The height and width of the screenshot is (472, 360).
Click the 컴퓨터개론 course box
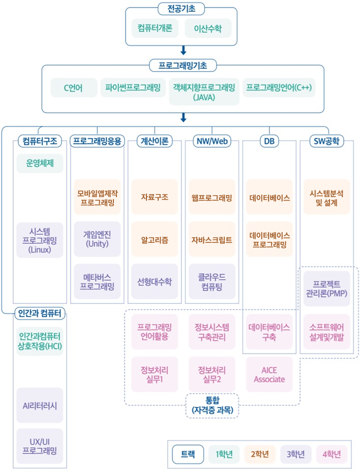coord(155,28)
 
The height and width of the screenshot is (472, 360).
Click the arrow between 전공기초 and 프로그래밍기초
coord(184,50)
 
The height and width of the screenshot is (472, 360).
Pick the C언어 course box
coord(74,87)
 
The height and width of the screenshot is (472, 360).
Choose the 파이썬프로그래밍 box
coord(132,87)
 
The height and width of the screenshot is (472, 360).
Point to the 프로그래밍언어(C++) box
coord(279,87)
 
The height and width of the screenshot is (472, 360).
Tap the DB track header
coord(269,141)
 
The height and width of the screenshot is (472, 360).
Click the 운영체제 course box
coord(40,164)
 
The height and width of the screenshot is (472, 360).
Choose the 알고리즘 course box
coord(155,239)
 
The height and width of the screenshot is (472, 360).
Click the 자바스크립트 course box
coord(212,239)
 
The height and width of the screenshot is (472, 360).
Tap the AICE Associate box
coord(269,374)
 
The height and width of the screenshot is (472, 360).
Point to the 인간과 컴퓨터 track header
coord(40,313)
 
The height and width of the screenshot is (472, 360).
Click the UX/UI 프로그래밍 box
coord(40,446)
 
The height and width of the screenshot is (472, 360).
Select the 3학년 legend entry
coord(295,454)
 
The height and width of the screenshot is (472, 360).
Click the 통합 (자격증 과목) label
coord(212,405)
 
